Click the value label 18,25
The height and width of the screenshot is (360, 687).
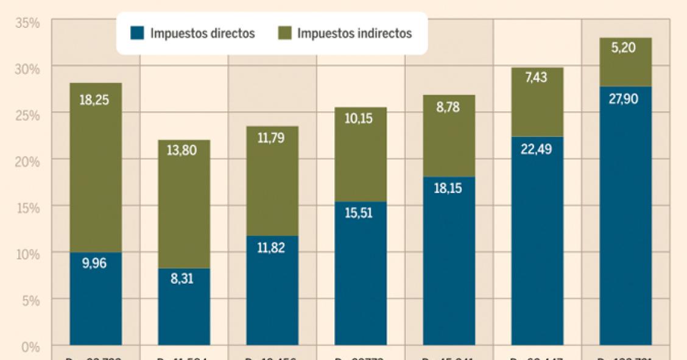96,100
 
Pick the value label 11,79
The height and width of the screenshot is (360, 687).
272,138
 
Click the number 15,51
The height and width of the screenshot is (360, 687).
361,214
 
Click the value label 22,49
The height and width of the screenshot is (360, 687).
537,149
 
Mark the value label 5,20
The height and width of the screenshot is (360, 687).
625,48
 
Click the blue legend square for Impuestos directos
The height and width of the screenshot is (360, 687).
136,34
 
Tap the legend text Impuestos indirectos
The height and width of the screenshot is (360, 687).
354,34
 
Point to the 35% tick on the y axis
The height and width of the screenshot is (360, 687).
28,23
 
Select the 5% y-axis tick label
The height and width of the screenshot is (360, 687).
31,300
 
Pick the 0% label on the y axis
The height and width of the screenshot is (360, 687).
31,346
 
